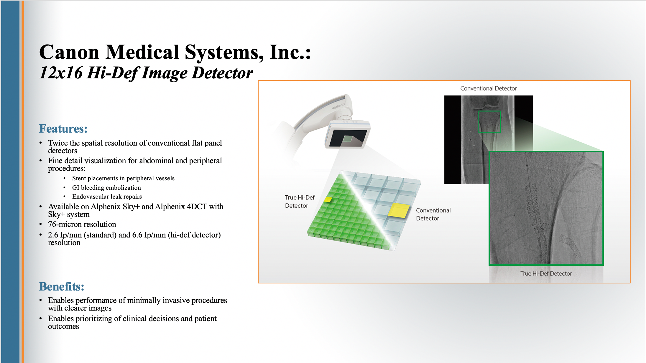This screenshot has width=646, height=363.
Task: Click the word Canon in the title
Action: point(69,52)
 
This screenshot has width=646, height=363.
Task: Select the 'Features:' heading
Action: point(63,129)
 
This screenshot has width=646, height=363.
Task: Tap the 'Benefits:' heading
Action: point(62,287)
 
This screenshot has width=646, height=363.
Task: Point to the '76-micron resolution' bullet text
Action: point(82,225)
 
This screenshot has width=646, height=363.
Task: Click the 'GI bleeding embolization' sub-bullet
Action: point(106,188)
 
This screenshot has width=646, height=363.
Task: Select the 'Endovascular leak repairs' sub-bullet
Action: point(107,197)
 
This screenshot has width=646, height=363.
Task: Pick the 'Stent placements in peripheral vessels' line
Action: point(123,178)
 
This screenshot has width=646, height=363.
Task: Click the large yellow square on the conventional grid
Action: point(399,210)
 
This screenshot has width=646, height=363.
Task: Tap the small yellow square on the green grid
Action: point(328,200)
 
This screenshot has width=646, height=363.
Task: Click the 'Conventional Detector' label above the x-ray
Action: point(488,88)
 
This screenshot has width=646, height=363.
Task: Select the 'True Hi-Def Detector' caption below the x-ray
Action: point(546,273)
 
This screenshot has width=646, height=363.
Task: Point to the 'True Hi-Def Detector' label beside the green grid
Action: point(300,202)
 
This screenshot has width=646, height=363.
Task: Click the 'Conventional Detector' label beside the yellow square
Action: point(433,214)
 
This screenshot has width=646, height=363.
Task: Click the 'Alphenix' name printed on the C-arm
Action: point(338,106)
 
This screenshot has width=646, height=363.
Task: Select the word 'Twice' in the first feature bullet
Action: point(58,143)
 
